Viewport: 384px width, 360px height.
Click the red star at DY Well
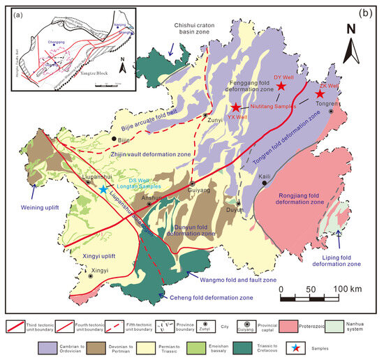coord(281,86)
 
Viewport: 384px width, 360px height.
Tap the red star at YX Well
coord(237,107)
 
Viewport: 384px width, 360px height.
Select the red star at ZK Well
coord(320,93)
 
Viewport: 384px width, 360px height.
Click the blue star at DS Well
coord(103,189)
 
